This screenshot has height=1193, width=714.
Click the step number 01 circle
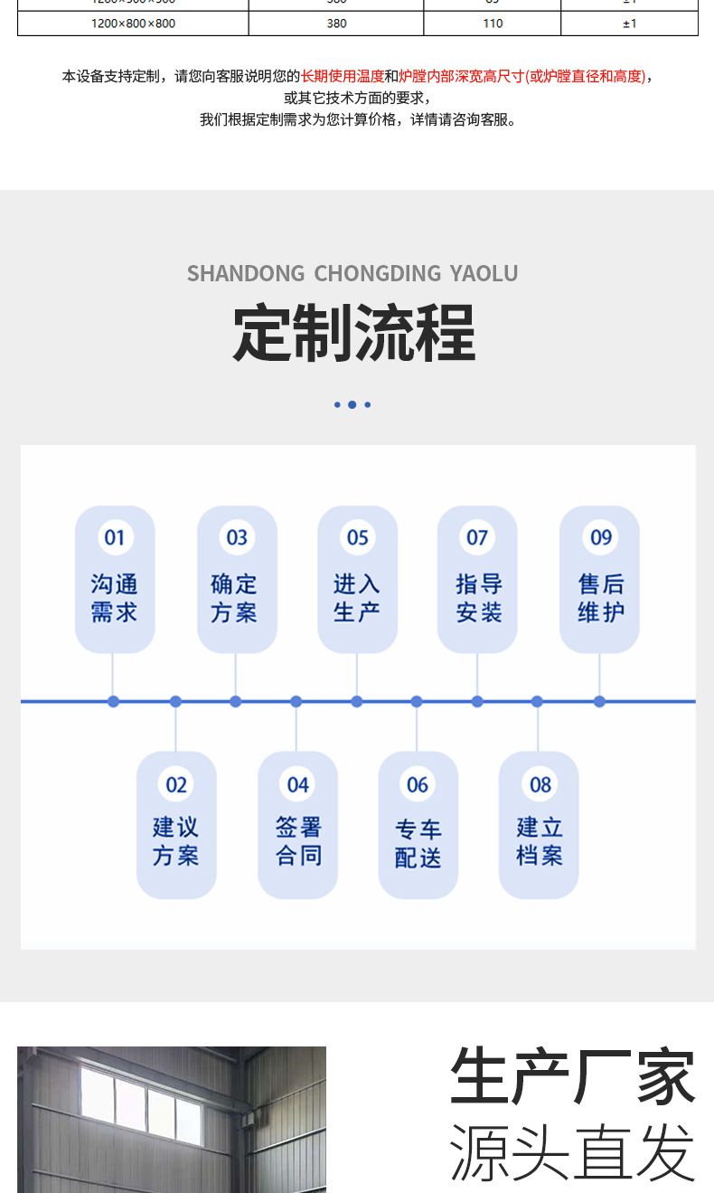114,538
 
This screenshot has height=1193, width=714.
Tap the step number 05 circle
358,538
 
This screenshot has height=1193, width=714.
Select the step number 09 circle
601,538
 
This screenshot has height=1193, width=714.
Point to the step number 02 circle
176,784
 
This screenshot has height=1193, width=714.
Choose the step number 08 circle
540,784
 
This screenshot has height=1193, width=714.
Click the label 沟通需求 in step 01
114,598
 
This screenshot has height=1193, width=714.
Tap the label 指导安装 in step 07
478,598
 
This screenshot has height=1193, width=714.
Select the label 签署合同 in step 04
298,841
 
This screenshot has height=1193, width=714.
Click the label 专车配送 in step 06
418,843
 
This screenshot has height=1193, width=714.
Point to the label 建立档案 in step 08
540,841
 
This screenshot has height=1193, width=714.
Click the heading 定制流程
353,334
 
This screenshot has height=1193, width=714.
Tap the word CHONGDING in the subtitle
378,273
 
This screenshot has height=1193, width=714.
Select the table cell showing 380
336,24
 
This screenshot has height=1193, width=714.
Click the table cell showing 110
493,24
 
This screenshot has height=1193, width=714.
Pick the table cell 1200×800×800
133,24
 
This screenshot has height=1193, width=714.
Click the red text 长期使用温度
343,77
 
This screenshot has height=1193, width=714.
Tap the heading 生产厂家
573,1076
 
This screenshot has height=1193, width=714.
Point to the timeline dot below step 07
477,701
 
